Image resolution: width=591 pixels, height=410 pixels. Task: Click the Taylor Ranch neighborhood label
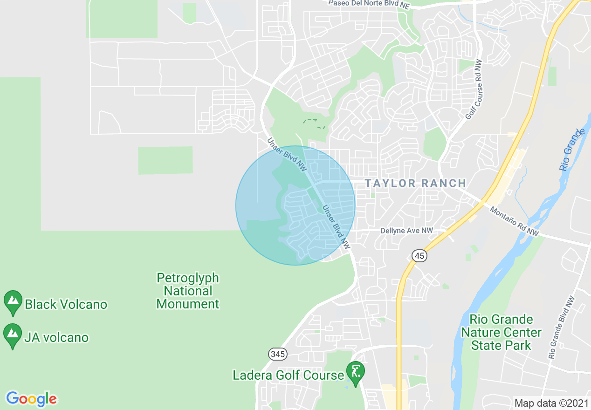pos(415,183)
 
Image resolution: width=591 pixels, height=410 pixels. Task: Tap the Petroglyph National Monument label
pos(188,291)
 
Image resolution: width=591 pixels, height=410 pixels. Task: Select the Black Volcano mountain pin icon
pos(13,302)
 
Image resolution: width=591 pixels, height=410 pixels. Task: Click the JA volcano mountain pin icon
pos(13,335)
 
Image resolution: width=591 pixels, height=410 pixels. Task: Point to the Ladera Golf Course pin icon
pos(356,373)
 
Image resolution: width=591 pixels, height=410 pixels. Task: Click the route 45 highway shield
pos(419,255)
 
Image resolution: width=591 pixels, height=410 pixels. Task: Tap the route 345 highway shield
pos(277,354)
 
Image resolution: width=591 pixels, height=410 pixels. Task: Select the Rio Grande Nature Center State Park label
pos(501,332)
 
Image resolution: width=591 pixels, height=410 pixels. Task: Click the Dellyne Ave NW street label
pos(406,231)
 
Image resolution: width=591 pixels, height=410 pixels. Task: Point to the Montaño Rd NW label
pos(514,221)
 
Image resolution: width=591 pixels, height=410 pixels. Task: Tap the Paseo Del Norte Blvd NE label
pos(369,3)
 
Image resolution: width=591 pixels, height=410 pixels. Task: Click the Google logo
pos(31,399)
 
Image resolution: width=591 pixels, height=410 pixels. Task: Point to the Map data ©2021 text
pos(550,403)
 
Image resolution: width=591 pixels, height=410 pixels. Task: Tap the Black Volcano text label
pos(66,305)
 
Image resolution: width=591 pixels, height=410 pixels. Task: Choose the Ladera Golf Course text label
pos(288,375)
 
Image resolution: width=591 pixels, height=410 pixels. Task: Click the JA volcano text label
pos(57,337)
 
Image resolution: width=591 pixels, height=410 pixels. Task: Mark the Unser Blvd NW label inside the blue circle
pos(336,226)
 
